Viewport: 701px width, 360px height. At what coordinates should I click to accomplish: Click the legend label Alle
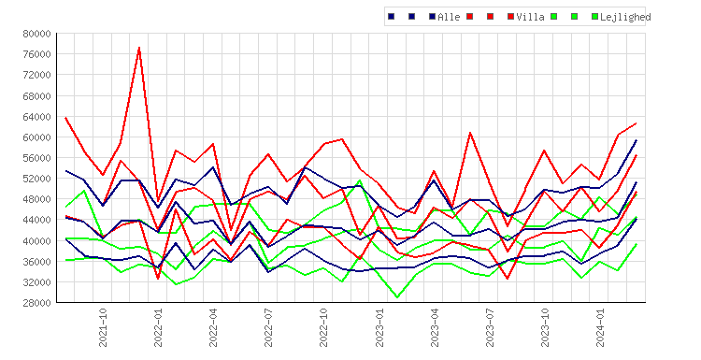tap(449, 17)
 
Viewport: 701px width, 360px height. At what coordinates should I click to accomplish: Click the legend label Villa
tap(530, 17)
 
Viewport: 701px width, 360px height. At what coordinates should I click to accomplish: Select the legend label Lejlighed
tap(625, 17)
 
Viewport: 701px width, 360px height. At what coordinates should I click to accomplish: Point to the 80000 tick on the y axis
tap(36, 34)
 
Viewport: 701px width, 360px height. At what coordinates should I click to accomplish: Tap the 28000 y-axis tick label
tap(36, 303)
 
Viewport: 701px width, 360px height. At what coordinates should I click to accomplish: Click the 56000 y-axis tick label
tap(36, 158)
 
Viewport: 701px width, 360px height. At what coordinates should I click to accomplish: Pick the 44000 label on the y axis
tap(36, 220)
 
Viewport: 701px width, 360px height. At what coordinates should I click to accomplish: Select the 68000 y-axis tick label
tap(36, 95)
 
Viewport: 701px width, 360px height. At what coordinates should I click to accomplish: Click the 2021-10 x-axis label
tap(103, 327)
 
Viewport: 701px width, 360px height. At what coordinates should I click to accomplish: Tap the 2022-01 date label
tap(158, 327)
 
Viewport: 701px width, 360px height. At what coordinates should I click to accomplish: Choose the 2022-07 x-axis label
tap(268, 327)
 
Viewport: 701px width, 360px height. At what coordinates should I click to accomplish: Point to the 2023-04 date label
tap(434, 327)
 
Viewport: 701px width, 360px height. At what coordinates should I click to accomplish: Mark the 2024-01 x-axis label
tap(600, 327)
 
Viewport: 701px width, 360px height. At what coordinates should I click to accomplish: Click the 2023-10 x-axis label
tap(545, 327)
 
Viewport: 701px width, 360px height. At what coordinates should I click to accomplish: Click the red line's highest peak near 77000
tap(139, 47)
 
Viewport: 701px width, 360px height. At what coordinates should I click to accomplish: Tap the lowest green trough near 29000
tap(397, 297)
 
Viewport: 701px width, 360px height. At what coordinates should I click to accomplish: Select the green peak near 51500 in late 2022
tap(360, 180)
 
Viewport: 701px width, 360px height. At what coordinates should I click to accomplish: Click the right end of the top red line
tap(637, 123)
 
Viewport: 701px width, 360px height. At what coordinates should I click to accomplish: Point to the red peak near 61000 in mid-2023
tap(470, 133)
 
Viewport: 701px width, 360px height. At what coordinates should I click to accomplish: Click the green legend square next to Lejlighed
tap(595, 17)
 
